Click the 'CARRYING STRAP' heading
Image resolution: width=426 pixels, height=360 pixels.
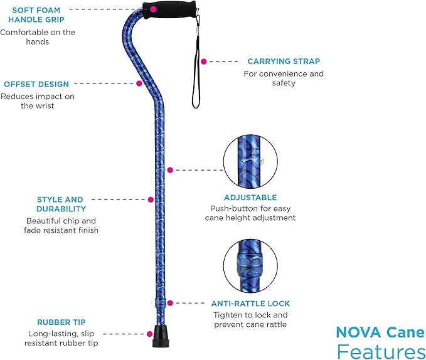pos(284,61)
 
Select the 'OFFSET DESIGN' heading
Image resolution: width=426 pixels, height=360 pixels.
pos(36,84)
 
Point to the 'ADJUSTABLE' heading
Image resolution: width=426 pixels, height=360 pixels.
pos(250,197)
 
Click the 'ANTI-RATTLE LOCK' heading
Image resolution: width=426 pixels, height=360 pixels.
pos(250,304)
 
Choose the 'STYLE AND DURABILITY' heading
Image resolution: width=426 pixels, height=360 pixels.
pos(61,204)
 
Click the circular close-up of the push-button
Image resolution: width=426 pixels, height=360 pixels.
pos(250,160)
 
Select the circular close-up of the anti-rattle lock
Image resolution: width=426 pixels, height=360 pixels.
pos(250,267)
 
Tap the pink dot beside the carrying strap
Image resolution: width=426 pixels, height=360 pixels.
pos(203,61)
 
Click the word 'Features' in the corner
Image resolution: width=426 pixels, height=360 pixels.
pos(380,350)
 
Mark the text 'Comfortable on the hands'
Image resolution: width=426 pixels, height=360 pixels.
pos(38,37)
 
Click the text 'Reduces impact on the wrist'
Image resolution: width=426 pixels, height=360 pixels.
pos(38,101)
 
